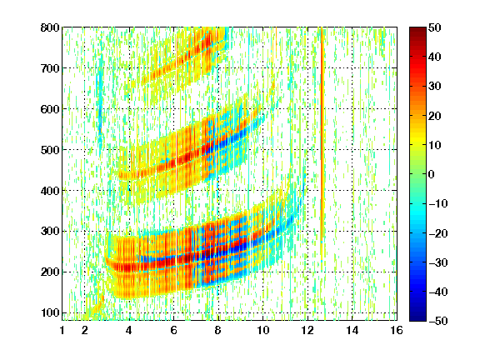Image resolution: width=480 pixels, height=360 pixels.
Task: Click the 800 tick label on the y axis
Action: coord(50,27)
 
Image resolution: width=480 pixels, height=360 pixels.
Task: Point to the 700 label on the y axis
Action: coord(50,68)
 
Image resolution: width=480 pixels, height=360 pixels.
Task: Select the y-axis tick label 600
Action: coord(50,109)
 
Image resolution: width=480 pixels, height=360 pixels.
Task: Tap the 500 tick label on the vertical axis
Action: coord(50,150)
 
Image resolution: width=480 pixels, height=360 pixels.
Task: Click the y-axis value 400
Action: coord(50,191)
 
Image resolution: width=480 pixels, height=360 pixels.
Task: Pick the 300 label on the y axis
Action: coord(50,232)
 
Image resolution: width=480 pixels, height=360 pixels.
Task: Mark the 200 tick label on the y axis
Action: coord(50,272)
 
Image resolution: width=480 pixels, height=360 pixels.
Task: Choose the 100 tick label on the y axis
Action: coord(50,312)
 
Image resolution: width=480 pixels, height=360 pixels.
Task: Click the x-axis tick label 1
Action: coord(62,330)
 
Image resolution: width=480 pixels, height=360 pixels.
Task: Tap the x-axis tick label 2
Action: coord(85,330)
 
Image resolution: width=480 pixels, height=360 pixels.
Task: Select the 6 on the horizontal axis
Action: coord(173,330)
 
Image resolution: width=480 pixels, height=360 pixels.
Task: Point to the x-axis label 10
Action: coord(263,330)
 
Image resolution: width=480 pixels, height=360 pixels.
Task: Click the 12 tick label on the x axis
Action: coord(307,330)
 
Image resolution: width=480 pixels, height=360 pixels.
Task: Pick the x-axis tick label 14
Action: coord(352,330)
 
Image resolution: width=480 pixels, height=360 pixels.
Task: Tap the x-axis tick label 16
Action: coord(397,330)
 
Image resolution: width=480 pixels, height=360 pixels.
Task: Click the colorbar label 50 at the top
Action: coord(435,27)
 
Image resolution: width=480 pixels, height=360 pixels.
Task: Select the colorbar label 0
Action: coord(432,174)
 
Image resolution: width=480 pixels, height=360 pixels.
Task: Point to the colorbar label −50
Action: coord(438,321)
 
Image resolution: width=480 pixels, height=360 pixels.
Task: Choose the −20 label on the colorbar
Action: coord(438,233)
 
